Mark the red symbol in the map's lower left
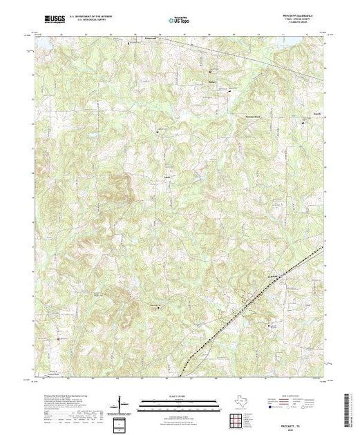point(58,338)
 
